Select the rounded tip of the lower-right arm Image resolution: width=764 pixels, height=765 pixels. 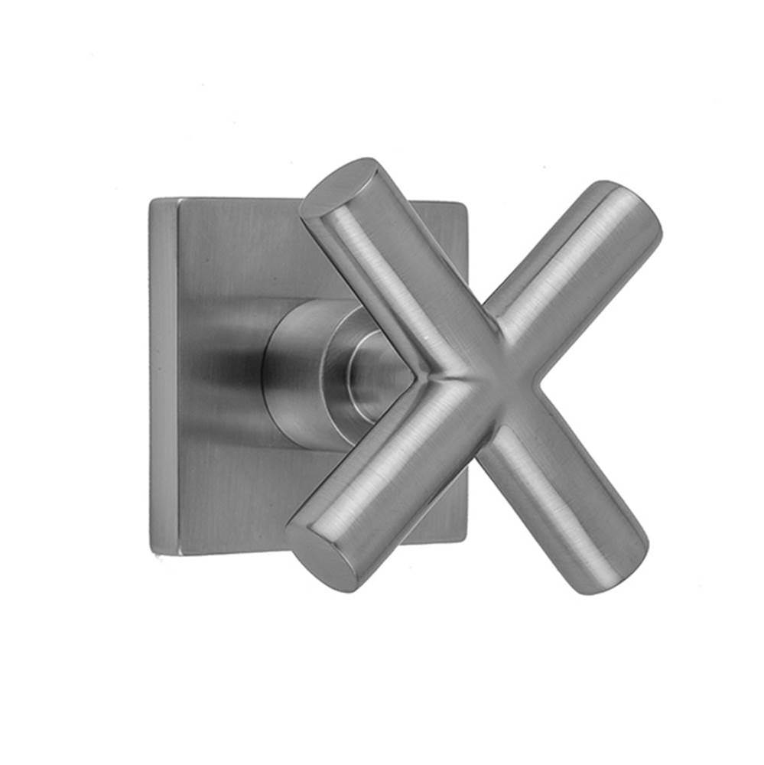click(612, 558)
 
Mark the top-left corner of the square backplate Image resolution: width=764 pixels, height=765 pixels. click(153, 200)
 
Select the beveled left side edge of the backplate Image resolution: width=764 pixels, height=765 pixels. click(164, 375)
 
